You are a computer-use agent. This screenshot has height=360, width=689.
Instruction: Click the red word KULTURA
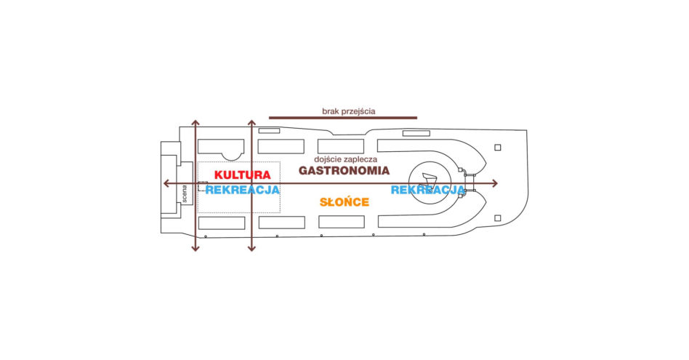[243, 175]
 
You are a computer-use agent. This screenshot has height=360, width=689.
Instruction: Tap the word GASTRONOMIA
[344, 171]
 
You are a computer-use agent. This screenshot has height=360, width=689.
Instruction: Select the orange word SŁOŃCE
[344, 202]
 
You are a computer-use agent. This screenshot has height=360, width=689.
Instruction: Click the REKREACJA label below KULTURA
[243, 190]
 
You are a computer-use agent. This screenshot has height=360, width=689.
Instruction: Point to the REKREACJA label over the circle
[427, 190]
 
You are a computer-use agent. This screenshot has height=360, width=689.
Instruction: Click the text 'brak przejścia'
[349, 111]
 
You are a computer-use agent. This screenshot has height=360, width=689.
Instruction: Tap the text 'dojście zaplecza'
[346, 159]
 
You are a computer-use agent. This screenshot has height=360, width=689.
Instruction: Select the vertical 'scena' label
[185, 194]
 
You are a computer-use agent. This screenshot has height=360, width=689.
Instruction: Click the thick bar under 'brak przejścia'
[343, 118]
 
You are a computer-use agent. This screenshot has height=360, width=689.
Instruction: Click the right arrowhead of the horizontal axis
[495, 183]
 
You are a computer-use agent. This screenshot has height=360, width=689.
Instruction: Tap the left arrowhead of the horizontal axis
[166, 183]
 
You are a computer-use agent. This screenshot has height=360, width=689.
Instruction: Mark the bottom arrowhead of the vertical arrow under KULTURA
[251, 248]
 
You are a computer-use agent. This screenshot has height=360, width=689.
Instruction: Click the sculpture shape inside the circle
[428, 180]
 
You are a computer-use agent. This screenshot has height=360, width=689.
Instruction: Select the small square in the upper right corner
[498, 148]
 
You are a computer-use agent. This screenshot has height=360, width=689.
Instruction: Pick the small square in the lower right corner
[498, 218]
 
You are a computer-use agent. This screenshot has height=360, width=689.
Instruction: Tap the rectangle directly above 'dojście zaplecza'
[341, 146]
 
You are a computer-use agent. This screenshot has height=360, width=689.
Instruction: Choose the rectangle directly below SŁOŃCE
[342, 222]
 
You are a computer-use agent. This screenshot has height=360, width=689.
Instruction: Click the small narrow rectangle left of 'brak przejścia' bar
[270, 131]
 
